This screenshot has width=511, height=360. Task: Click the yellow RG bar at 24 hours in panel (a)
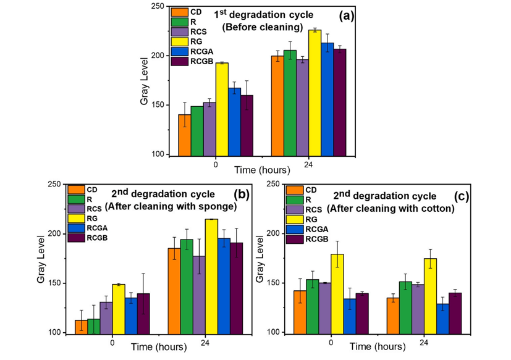pyautogui.click(x=315, y=93)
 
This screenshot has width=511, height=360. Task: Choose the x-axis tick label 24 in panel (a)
pyautogui.click(x=308, y=165)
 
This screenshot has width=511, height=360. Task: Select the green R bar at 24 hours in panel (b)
pyautogui.click(x=187, y=287)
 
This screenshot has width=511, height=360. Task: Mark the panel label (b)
pyautogui.click(x=240, y=195)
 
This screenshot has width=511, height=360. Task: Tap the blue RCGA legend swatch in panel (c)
pyautogui.click(x=294, y=228)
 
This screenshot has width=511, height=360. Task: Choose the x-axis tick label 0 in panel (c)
pyautogui.click(x=331, y=342)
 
